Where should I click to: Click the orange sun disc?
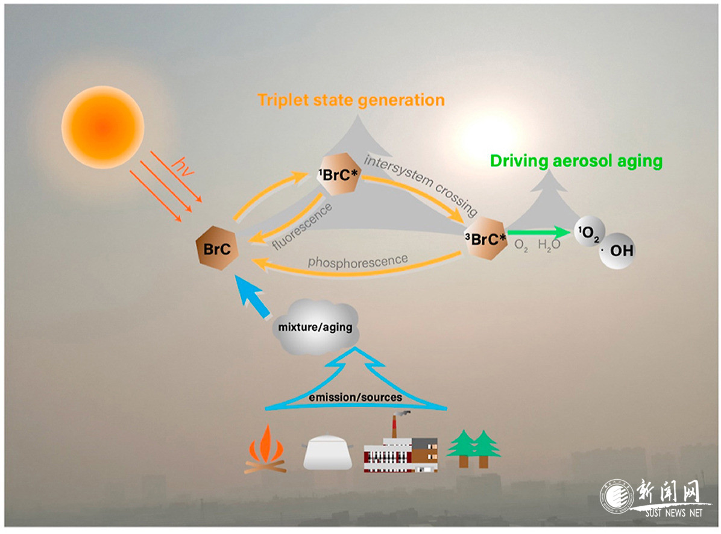102,127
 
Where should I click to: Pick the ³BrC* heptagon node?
485,238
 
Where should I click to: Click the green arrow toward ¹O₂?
538,233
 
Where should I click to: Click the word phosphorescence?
357,261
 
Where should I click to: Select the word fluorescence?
302,227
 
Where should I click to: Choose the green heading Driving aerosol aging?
576,161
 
